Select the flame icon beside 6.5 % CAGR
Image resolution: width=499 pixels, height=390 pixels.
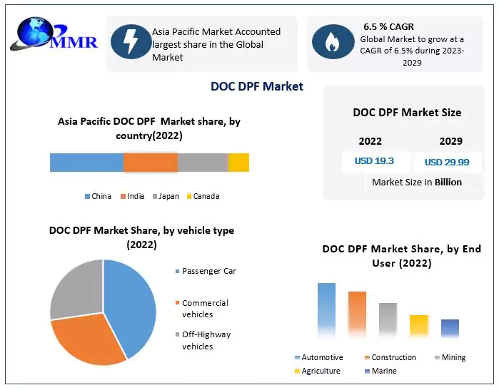(x=332, y=43)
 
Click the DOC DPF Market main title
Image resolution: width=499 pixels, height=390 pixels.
(x=257, y=86)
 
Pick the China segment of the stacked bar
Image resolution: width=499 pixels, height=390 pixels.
(x=86, y=163)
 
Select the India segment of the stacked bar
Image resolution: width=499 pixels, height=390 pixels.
(x=150, y=163)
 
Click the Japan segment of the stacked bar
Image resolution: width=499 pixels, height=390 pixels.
(x=202, y=163)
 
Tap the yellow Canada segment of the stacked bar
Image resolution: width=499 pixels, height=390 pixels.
(x=238, y=163)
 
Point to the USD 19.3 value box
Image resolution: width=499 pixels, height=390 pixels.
(x=374, y=161)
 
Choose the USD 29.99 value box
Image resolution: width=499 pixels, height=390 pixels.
(x=447, y=162)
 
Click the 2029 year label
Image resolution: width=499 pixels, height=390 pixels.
(x=451, y=141)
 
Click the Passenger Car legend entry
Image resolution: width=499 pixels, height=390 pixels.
(x=208, y=271)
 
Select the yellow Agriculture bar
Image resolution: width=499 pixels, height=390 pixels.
(x=419, y=325)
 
